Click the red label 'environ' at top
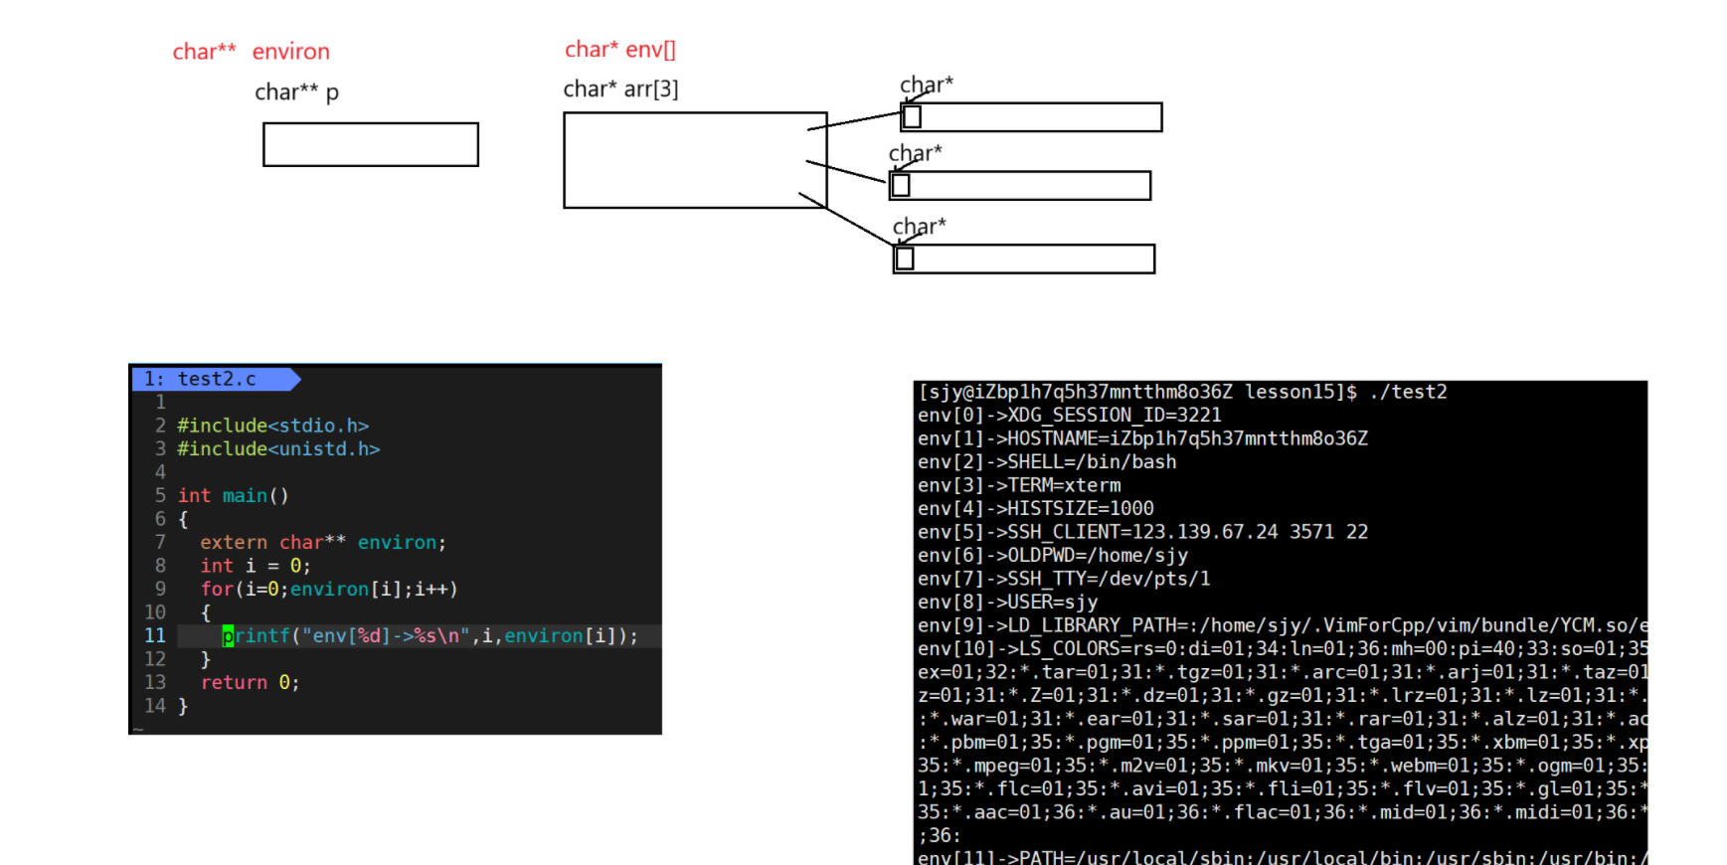tap(290, 52)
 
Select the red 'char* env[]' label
tap(619, 50)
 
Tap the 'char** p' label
tap(296, 92)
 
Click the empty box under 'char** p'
tap(370, 144)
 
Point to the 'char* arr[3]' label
tap(620, 89)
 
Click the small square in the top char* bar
tap(912, 117)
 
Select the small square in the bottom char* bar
tap(905, 259)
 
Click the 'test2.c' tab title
tap(217, 379)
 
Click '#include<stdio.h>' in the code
tap(272, 426)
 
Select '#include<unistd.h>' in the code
tap(278, 449)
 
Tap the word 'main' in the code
tap(245, 496)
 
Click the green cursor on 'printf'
tap(228, 636)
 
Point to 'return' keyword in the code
tap(234, 683)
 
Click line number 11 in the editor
tap(155, 636)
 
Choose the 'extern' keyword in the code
tap(234, 543)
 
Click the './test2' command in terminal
tap(1408, 393)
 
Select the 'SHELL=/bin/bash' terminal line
tap(1092, 462)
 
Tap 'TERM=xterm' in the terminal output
tap(1064, 486)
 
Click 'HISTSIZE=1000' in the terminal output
tap(1081, 509)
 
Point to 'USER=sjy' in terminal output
tap(1053, 603)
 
